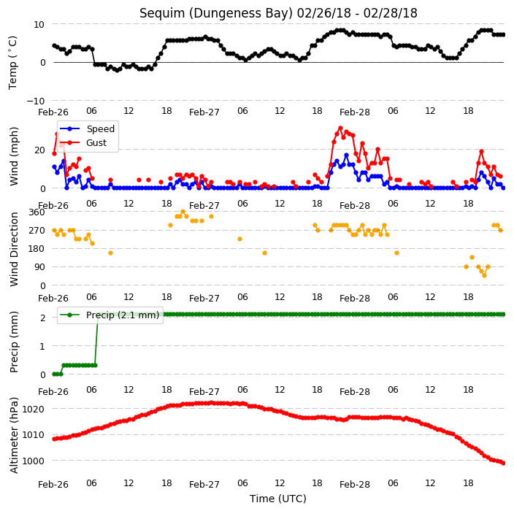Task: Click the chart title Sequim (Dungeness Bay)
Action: [216, 13]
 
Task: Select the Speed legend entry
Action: [87, 128]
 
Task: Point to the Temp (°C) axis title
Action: [12, 63]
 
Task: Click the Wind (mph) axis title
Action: [13, 157]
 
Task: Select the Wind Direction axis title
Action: [13, 249]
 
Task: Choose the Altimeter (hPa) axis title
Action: [13, 435]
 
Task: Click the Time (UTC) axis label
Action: [278, 499]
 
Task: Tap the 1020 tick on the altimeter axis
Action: [33, 409]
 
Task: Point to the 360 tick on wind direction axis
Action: [37, 212]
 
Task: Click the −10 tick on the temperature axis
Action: [35, 101]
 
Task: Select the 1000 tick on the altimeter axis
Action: [33, 461]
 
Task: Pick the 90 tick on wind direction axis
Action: [39, 266]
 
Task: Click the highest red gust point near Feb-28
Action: [340, 128]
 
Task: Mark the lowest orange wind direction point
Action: [485, 276]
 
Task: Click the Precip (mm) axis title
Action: [13, 342]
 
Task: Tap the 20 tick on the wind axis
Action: [39, 150]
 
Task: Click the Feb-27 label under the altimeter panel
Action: [204, 485]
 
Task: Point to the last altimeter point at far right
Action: [504, 463]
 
